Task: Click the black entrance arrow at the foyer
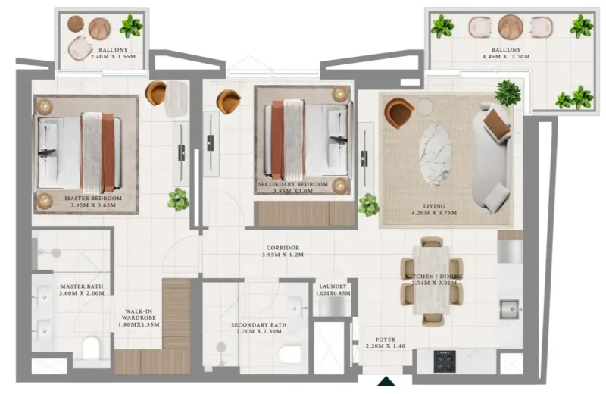[x=386, y=382]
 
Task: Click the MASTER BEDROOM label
[x=93, y=199]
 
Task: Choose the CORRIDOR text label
[x=283, y=248]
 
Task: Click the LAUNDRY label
[x=333, y=286]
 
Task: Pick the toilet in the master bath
[x=92, y=348]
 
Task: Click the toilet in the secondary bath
[x=290, y=353]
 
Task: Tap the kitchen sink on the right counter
[x=508, y=308]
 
